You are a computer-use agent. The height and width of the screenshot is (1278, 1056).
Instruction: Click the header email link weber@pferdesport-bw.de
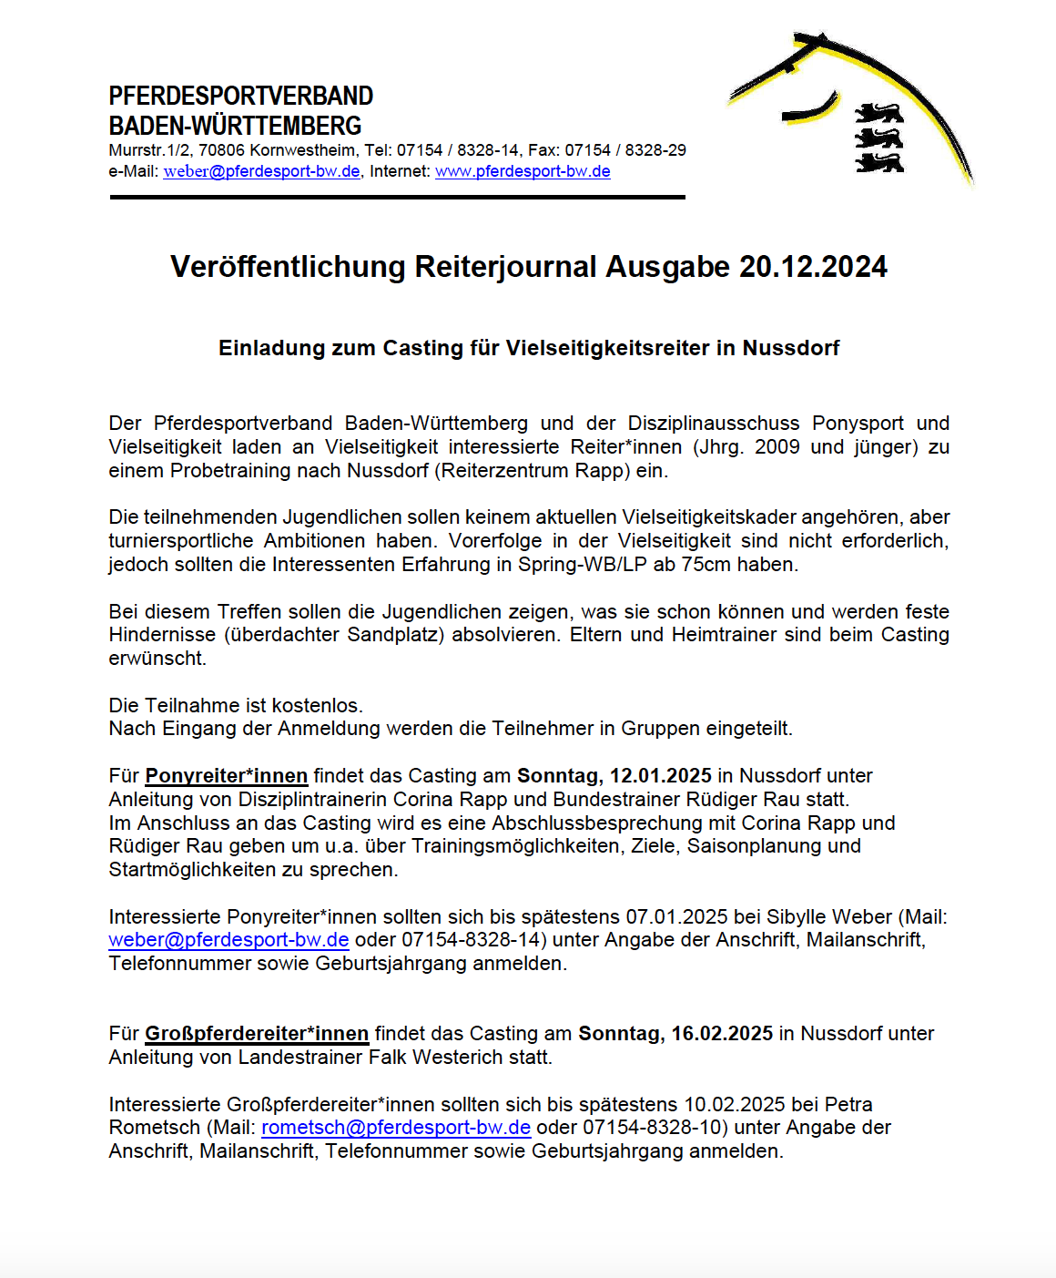[261, 171]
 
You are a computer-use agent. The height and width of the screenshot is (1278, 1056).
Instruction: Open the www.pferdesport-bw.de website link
[523, 171]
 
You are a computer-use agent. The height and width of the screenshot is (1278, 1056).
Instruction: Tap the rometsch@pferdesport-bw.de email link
[396, 1128]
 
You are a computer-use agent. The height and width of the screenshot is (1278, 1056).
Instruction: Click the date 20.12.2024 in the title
[813, 267]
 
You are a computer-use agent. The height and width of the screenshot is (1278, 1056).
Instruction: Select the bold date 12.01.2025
[660, 776]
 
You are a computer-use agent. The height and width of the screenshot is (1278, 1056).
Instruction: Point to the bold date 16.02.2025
[722, 1034]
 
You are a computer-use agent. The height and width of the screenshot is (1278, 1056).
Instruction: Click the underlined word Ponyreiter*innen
[227, 776]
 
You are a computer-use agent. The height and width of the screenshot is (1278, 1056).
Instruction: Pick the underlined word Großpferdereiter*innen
[257, 1034]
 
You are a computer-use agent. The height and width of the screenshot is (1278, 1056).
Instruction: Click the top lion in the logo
[878, 114]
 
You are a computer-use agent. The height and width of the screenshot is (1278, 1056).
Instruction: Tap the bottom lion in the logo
[878, 163]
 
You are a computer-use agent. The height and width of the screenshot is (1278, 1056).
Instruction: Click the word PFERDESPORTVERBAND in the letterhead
[241, 96]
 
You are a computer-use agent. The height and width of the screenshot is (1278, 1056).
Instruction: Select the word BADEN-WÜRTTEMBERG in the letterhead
[236, 126]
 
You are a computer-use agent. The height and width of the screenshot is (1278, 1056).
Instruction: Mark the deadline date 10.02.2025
[735, 1105]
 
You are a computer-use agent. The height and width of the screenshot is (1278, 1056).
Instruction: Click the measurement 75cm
[706, 565]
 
